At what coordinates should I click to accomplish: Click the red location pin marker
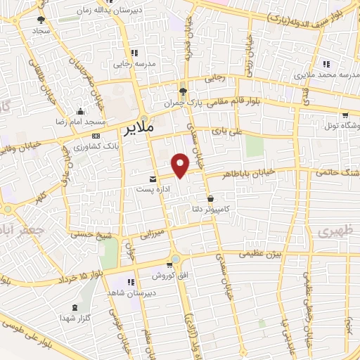pos(181,164)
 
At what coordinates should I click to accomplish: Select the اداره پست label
pos(153,189)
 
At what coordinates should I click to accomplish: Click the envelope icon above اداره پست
pos(153,179)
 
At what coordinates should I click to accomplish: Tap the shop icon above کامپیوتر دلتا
pos(211,199)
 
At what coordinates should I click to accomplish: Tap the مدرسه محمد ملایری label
pos(324,74)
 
